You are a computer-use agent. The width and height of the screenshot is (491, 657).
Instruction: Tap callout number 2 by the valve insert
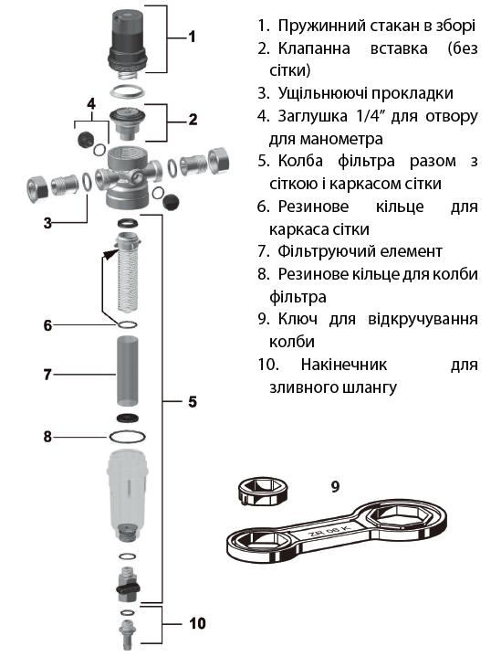(193, 118)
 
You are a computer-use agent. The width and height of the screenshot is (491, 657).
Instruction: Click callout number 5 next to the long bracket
(193, 401)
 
